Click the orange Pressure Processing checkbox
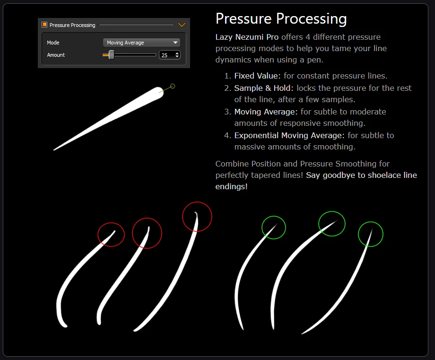pos(44,25)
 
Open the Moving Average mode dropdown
pos(141,43)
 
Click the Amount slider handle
pos(111,55)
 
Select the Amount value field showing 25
pos(169,55)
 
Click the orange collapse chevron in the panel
pos(182,25)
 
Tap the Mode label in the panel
pos(53,43)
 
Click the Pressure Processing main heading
pos(281,19)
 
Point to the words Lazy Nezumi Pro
pos(247,37)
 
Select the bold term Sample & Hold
pos(264,88)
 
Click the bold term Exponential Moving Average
pos(289,135)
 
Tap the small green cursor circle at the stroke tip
pos(173,86)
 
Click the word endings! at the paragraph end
pos(231,186)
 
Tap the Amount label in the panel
pos(56,55)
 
